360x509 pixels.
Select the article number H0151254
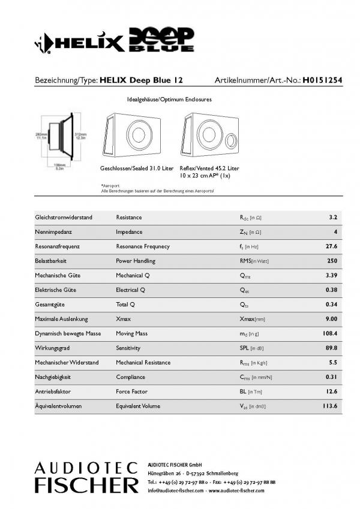[322, 79]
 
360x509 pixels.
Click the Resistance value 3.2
[333, 217]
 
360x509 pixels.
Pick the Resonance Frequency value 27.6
[331, 246]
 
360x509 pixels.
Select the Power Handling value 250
[332, 261]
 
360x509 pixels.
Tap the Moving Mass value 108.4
[329, 333]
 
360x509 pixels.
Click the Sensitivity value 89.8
[331, 348]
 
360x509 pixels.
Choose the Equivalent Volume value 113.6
[329, 406]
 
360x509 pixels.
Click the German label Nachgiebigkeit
[54, 377]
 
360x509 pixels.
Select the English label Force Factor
[133, 391]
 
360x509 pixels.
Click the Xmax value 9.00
[331, 319]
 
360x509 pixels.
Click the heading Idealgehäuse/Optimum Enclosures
[169, 99]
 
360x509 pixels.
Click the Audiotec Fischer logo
[86, 477]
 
